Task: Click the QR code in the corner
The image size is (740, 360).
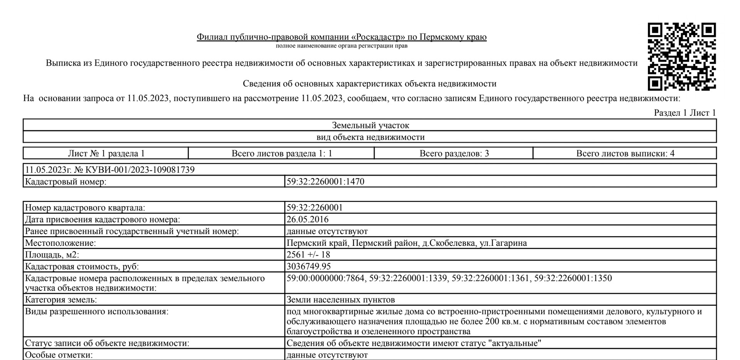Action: [x=681, y=56]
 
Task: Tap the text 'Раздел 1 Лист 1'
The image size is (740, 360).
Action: [x=684, y=113]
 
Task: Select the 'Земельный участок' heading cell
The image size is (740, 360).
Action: [x=370, y=125]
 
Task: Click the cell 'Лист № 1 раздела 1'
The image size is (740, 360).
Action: [x=106, y=153]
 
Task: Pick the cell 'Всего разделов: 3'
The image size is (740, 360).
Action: [x=454, y=153]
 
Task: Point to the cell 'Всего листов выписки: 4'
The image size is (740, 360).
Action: [x=625, y=153]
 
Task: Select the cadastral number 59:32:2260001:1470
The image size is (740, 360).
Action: [x=325, y=182]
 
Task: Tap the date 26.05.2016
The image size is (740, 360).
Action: [x=308, y=219]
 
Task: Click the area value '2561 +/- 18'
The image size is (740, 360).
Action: [x=308, y=255]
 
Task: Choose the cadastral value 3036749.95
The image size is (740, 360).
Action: [x=309, y=266]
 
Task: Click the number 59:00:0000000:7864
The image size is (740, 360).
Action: [x=325, y=278]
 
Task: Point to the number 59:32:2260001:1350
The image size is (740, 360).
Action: [x=573, y=278]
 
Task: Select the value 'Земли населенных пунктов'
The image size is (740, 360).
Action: [x=341, y=299]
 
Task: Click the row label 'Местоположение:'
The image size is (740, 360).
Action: [x=61, y=243]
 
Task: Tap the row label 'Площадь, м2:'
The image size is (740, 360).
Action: [x=52, y=255]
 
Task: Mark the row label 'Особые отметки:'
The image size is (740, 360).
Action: [x=59, y=355]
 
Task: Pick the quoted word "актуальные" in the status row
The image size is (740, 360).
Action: [x=517, y=343]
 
